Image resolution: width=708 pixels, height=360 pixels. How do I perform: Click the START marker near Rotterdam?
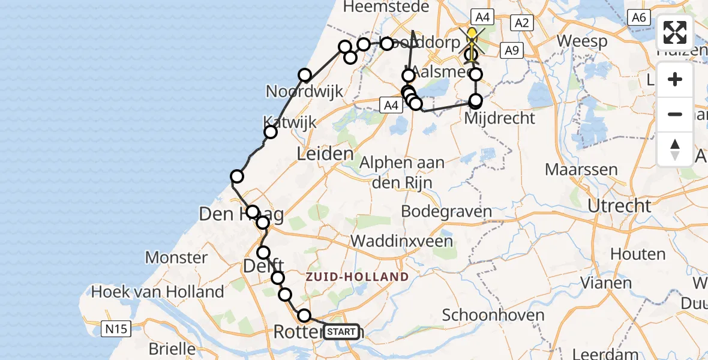[x=343, y=331]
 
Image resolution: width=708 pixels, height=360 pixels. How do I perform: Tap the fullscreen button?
[x=675, y=33]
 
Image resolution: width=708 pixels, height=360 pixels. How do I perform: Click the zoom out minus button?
[x=675, y=114]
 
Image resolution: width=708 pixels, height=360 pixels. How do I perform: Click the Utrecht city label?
[x=619, y=206]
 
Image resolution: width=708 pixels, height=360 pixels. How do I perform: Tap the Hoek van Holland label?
[x=157, y=292]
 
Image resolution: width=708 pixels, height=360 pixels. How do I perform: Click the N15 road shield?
[x=116, y=329]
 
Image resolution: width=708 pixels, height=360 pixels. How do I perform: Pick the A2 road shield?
[x=521, y=23]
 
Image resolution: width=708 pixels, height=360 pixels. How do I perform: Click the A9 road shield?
[x=511, y=51]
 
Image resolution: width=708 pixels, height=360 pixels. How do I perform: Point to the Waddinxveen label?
[x=402, y=241]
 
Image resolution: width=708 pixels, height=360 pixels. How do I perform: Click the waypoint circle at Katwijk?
[x=271, y=132]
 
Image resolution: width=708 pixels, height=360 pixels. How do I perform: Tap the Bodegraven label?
[x=446, y=211]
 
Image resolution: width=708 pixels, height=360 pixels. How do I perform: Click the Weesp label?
[x=582, y=41]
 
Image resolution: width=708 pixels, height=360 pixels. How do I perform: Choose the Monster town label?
[x=176, y=258]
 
